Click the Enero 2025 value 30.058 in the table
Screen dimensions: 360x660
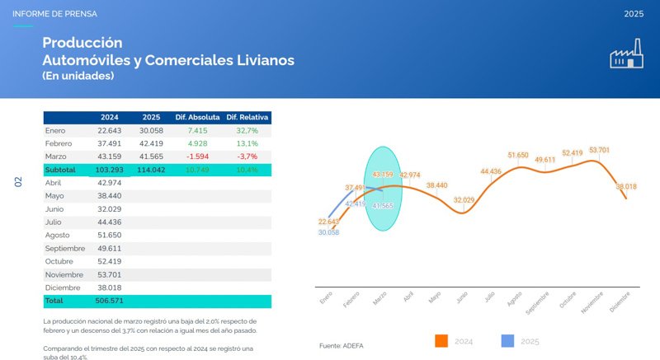tap(151, 130)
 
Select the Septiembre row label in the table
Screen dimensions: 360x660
tap(67, 249)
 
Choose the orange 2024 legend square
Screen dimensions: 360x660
tap(441, 340)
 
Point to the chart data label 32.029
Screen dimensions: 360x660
tap(464, 200)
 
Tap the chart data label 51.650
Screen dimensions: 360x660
tap(518, 155)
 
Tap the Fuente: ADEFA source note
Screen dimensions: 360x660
tap(342, 346)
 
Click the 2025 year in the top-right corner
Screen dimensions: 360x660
tap(634, 14)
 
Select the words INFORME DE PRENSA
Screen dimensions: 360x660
tap(54, 14)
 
